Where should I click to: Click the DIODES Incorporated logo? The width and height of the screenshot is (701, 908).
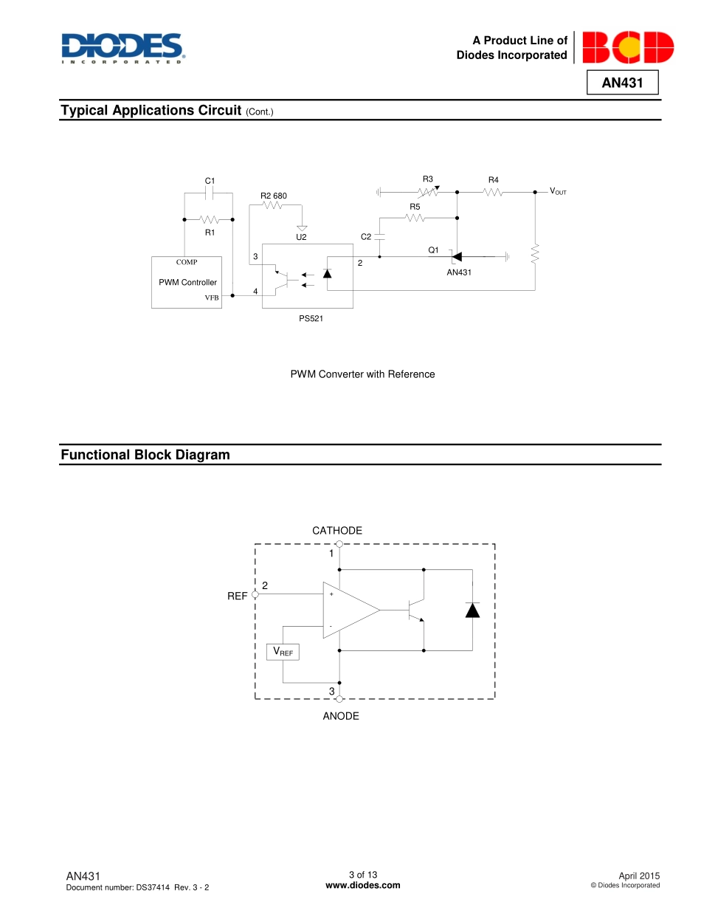click(122, 48)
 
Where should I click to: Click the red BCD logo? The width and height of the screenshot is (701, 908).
click(628, 48)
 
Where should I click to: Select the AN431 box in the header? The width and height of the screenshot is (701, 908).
click(622, 83)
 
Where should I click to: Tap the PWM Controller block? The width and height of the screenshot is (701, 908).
click(187, 282)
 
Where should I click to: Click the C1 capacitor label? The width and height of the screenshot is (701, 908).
click(210, 181)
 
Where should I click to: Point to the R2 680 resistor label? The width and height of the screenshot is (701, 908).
click(274, 196)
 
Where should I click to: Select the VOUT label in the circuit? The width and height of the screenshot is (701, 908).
click(559, 191)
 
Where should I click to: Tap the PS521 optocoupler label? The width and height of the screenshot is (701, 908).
click(311, 319)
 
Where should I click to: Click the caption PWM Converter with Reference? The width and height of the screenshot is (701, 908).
click(362, 374)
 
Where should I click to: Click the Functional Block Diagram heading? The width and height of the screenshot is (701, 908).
click(145, 455)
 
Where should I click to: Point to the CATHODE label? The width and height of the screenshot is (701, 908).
click(337, 531)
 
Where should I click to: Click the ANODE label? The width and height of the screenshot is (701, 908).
click(341, 716)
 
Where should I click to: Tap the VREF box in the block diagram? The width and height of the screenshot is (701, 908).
click(283, 652)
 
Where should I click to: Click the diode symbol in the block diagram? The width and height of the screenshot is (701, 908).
click(472, 610)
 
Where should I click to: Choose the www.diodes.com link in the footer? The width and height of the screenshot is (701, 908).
click(363, 885)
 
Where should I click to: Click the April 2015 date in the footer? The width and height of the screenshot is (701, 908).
click(639, 876)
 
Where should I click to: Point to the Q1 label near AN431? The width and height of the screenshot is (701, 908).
click(433, 250)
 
